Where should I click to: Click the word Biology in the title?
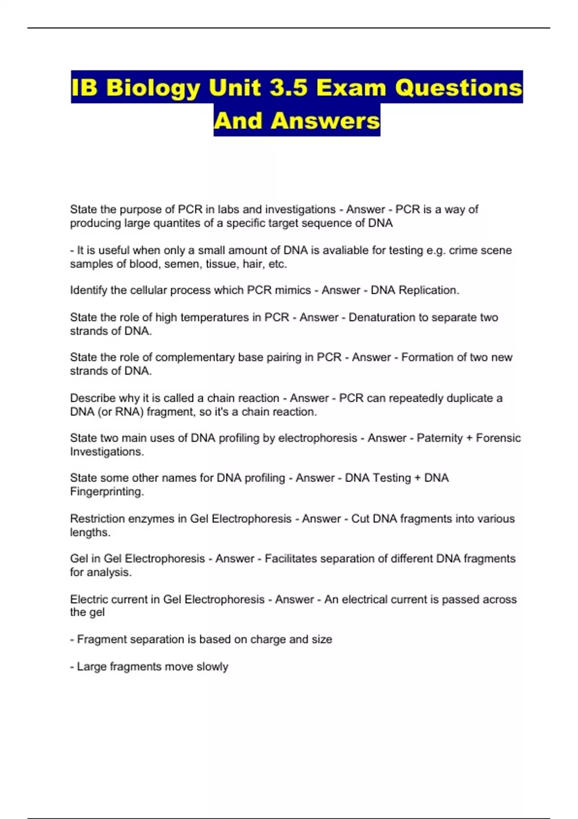point(153,88)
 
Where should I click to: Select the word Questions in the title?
point(459,88)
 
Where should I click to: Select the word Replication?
point(429,290)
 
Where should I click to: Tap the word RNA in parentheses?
point(127,411)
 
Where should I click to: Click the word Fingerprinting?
point(107,491)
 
